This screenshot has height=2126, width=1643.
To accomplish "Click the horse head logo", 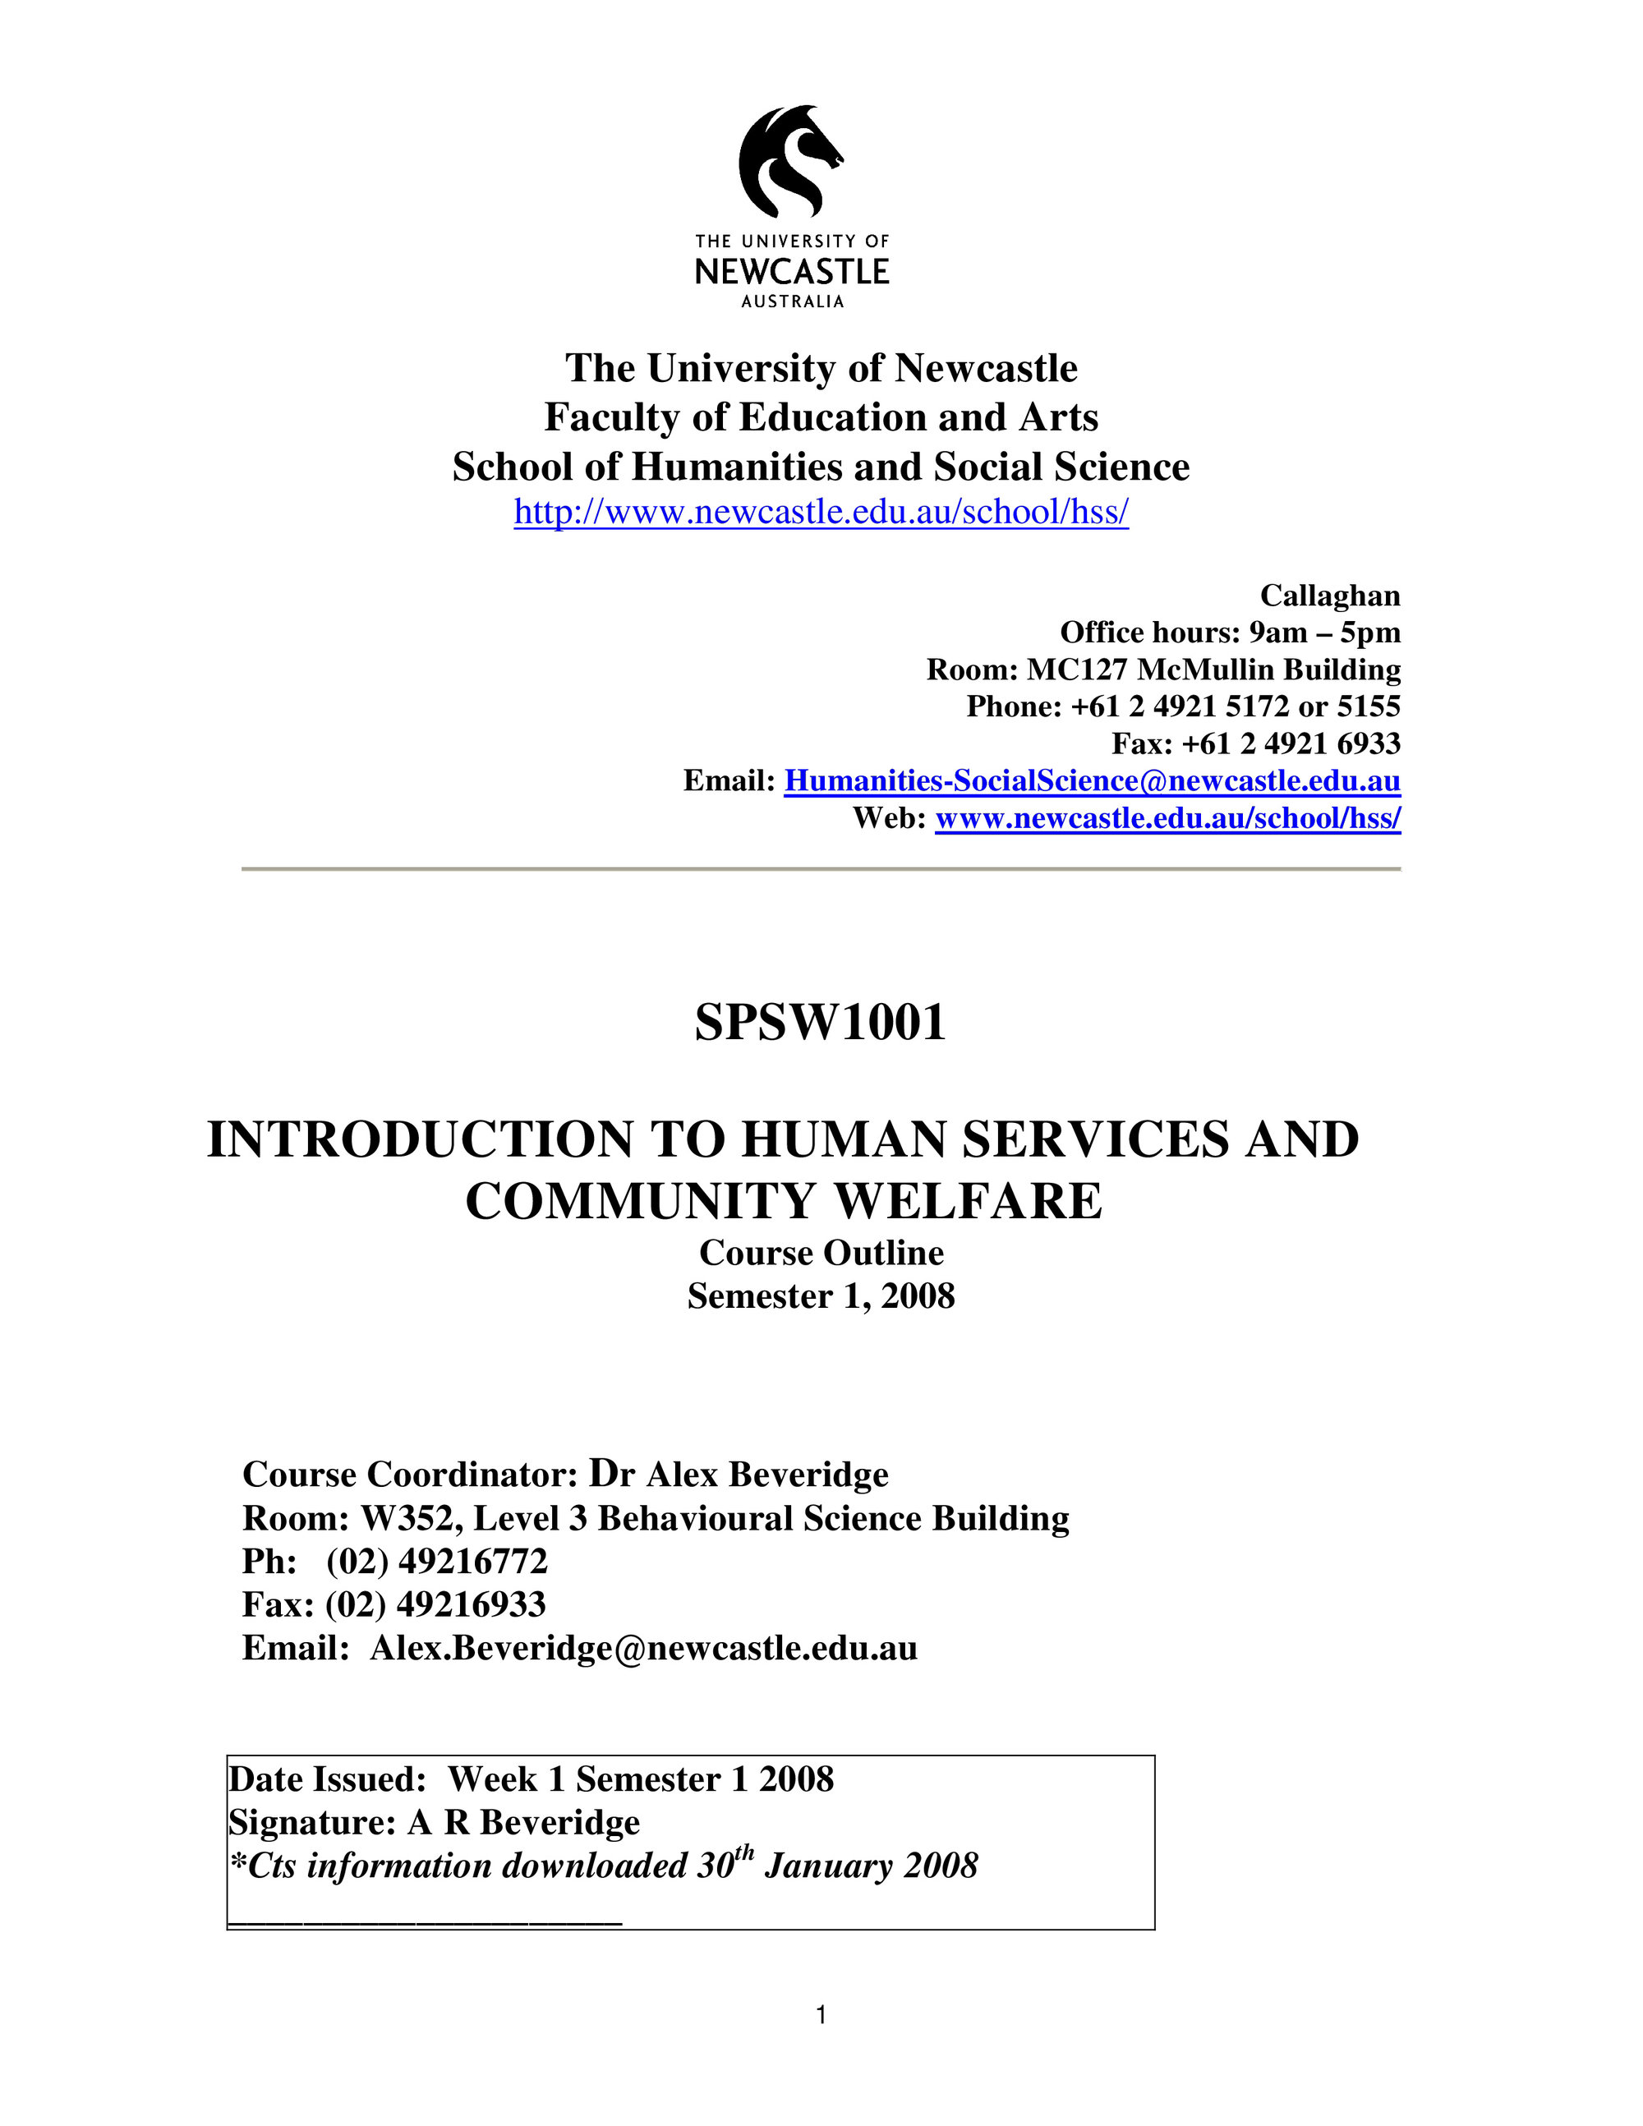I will (789, 161).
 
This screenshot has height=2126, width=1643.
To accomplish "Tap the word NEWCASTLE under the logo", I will (792, 270).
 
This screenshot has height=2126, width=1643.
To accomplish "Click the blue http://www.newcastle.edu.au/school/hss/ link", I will (821, 512).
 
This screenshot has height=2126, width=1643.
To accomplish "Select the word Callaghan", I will (1329, 596).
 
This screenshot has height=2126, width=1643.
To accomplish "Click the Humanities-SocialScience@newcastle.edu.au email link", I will (1092, 780).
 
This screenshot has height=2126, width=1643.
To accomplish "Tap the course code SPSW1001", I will (821, 1023).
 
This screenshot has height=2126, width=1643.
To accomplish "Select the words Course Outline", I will (821, 1253).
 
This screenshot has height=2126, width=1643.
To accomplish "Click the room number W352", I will (406, 1519).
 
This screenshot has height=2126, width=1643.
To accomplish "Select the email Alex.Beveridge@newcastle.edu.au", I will (643, 1648).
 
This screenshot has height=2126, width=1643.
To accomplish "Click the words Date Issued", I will (327, 1779).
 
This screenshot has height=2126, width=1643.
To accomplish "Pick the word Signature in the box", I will (311, 1822).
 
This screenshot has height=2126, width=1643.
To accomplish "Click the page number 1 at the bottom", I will (821, 2015).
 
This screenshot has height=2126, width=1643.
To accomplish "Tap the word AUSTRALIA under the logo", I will (792, 301).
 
